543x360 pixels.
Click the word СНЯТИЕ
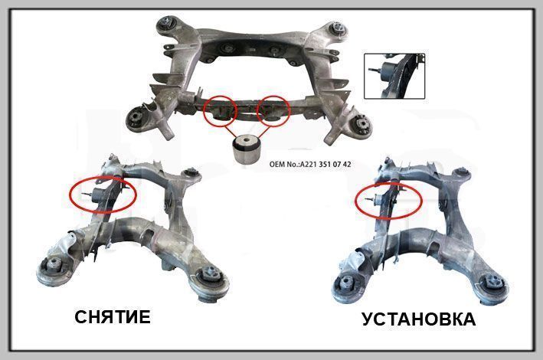[x=113, y=316]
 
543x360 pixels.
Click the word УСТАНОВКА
[x=419, y=319]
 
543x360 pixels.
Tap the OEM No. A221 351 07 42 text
[x=310, y=164]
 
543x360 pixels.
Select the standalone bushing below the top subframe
[x=246, y=149]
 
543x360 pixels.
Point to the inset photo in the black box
[x=394, y=76]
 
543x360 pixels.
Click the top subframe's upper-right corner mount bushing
[x=338, y=28]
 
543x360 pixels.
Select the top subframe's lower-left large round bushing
[x=136, y=118]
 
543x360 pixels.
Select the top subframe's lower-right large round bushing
[x=361, y=124]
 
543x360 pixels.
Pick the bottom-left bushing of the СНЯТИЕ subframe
[x=54, y=266]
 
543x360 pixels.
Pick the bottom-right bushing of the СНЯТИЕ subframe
[x=210, y=273]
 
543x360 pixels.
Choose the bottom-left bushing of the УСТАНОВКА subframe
[x=347, y=283]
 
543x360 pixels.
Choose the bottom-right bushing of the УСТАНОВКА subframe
[x=493, y=281]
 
